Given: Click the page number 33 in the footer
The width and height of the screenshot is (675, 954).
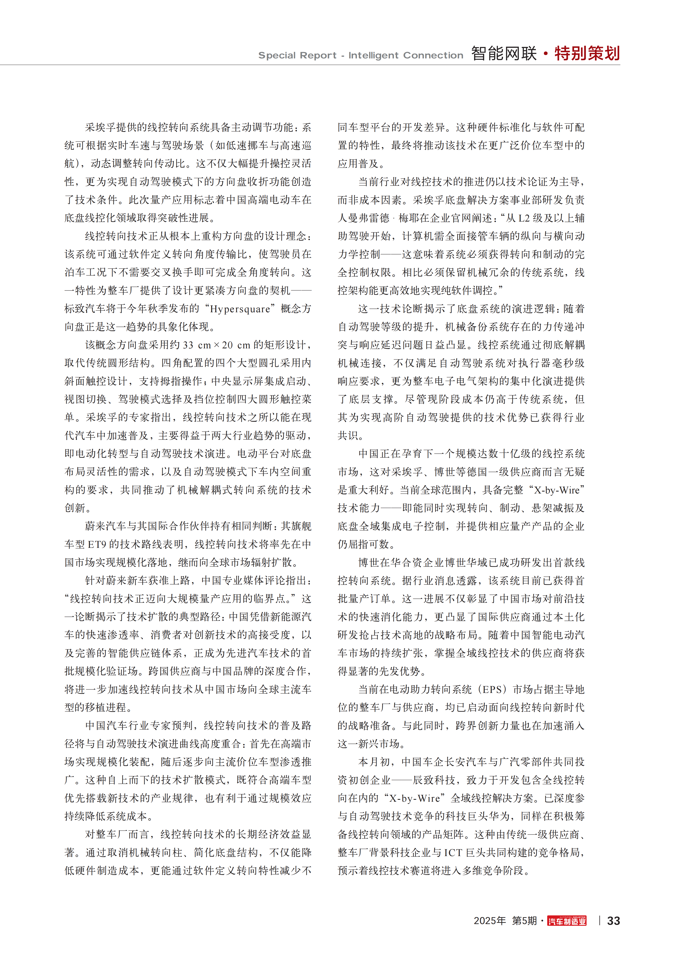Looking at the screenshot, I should coord(613,921).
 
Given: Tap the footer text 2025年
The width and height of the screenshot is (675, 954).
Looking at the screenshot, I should coord(490,921).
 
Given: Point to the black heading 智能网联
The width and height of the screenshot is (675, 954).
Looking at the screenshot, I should coord(504,54).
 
